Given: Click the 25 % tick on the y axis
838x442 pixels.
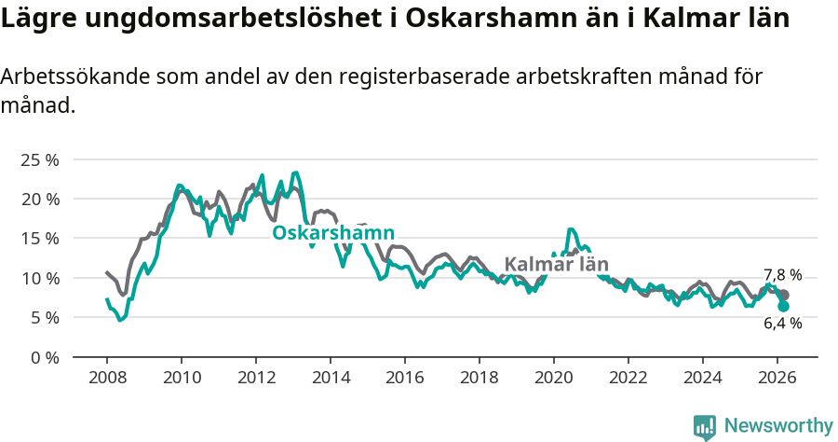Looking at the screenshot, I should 40,159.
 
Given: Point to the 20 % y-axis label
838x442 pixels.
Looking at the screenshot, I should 40,199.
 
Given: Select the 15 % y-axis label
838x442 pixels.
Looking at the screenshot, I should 40,239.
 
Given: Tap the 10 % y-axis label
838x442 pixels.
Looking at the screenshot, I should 40,278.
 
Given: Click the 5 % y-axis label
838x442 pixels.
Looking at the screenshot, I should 44,317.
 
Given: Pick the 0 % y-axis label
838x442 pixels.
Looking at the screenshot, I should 44,357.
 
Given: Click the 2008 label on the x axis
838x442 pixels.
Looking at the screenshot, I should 107,378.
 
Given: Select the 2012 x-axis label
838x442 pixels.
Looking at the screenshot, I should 256,378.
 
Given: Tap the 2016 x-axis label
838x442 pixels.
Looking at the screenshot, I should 405,378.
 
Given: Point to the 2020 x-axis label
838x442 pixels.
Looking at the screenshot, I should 554,378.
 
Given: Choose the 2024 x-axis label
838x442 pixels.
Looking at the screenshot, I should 703,378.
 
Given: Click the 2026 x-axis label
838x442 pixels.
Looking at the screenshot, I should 777,378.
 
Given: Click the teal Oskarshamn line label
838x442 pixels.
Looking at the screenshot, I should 333,233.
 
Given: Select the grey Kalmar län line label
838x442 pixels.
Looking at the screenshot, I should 556,264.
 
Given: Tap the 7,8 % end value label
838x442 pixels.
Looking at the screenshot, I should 782,275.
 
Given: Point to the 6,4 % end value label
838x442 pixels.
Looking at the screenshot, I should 782,323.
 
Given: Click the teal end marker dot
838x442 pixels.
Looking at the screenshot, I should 784,306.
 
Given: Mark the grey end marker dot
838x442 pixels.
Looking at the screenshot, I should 784,295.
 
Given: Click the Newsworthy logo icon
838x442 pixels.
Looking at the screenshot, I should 705,426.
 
